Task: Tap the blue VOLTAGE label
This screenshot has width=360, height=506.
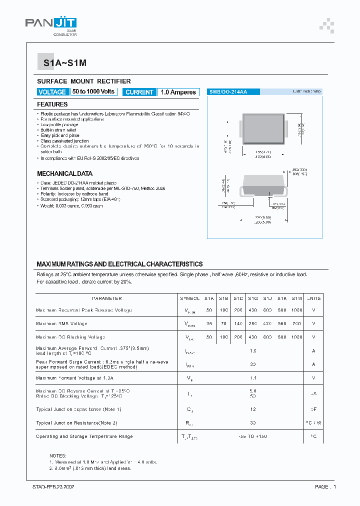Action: pos(52,92)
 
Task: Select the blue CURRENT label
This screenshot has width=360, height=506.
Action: pos(139,92)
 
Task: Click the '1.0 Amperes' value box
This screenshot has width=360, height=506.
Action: pos(178,92)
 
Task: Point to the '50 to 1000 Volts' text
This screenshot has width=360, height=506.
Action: pos(93,92)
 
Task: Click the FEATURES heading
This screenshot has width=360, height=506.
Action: pos(52,104)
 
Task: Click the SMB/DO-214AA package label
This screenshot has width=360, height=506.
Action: pos(228,92)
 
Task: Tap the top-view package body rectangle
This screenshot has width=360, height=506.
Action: pos(264,129)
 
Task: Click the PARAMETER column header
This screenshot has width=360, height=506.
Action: pos(107,298)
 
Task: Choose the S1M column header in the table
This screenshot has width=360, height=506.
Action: pos(297,298)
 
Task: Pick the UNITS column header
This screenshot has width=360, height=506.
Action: pos(313,298)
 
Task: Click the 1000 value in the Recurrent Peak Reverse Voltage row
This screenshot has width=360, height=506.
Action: pos(297,310)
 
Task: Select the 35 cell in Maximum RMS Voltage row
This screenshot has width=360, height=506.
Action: pos(209,323)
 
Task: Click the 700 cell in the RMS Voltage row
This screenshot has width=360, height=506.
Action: pos(297,323)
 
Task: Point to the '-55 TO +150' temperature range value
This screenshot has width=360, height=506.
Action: pos(253,436)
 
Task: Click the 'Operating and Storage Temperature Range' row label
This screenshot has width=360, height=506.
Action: pos(84,436)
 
